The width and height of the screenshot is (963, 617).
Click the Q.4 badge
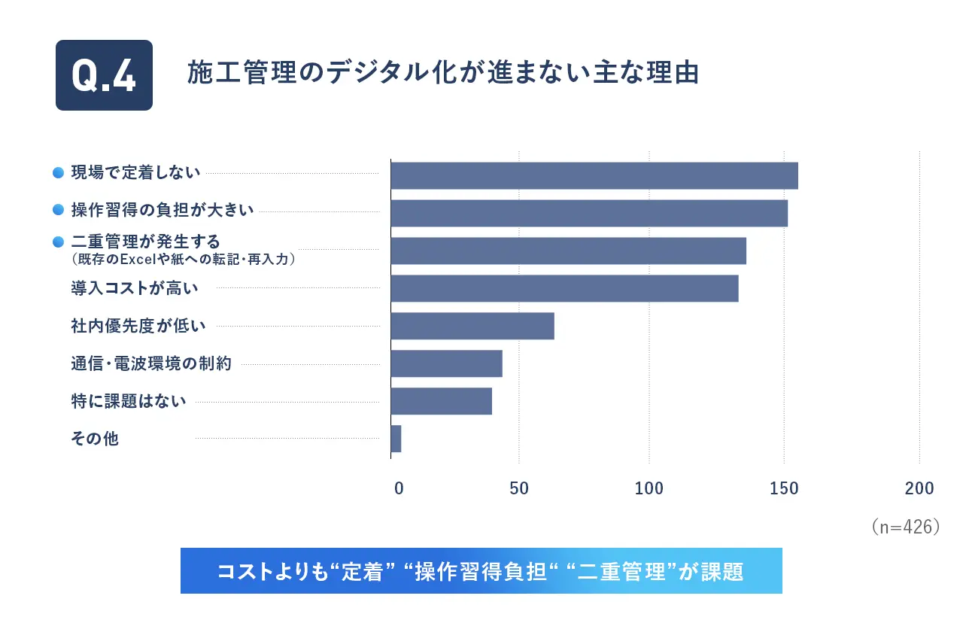[104, 75]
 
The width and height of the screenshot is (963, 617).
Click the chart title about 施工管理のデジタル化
[443, 73]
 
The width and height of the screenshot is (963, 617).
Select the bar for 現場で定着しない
[594, 175]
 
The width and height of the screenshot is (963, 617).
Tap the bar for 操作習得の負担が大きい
[588, 213]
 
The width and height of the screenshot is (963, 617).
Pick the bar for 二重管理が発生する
[568, 251]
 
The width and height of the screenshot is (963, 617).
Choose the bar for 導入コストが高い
[564, 288]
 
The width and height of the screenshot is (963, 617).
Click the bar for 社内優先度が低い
[472, 326]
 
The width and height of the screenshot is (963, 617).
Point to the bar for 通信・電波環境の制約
[446, 363]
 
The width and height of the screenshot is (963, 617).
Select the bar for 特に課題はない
[441, 401]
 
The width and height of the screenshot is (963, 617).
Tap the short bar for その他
[396, 439]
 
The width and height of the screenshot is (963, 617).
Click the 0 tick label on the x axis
[399, 488]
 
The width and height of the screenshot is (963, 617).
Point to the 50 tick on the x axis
[519, 488]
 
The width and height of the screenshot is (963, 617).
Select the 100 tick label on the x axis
[649, 488]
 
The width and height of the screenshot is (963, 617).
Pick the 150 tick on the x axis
[784, 488]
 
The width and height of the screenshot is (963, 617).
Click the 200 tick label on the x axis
[919, 488]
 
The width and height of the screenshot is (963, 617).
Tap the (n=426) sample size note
[906, 527]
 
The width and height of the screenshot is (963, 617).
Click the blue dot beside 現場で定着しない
[57, 173]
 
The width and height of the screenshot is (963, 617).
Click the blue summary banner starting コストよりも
[481, 571]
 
